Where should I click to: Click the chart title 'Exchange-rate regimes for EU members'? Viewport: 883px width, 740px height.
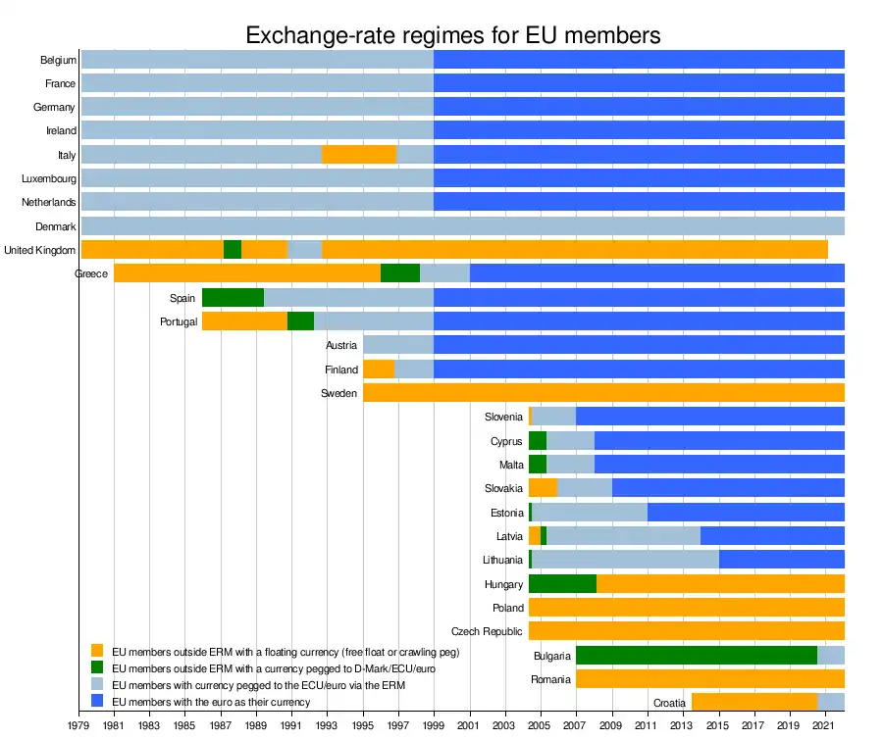452,36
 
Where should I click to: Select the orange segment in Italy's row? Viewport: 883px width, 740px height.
358,154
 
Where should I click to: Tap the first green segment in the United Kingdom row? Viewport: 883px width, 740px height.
233,249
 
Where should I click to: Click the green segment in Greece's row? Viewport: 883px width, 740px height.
400,273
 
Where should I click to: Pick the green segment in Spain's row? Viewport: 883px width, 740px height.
233,297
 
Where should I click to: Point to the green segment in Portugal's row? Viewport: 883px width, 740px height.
300,321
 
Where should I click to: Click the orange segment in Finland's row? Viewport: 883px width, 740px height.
379,369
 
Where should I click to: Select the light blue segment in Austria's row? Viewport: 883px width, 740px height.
398,345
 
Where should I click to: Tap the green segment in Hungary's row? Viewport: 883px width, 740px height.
562,583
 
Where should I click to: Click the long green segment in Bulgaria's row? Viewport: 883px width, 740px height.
696,655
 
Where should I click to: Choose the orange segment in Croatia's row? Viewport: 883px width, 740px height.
754,702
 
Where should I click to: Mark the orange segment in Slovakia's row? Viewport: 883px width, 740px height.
543,487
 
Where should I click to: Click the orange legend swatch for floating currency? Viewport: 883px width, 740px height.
96,650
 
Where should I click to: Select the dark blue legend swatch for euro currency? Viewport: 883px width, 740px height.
96,701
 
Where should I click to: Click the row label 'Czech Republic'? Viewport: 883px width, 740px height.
487,631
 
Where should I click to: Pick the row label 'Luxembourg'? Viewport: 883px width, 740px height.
49,178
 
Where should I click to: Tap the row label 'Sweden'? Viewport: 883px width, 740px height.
338,393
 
